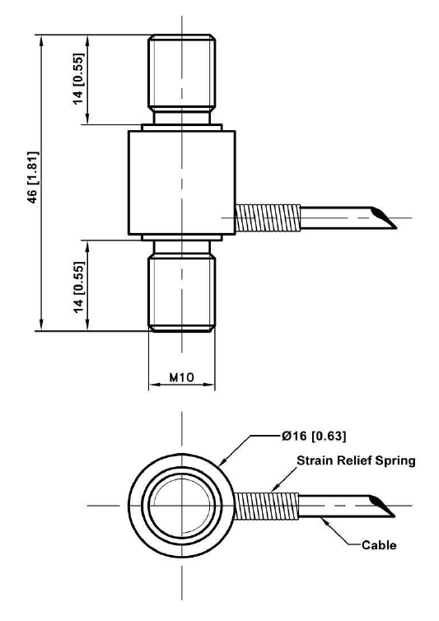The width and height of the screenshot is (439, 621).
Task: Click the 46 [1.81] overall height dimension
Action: pyautogui.click(x=33, y=177)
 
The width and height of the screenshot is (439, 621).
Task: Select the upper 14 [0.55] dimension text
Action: pyautogui.click(x=79, y=79)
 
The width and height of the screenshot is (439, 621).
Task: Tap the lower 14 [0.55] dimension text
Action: pyautogui.click(x=79, y=287)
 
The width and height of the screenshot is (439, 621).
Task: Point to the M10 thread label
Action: pyautogui.click(x=182, y=377)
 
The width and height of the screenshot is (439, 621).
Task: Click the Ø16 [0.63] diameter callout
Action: pyautogui.click(x=314, y=436)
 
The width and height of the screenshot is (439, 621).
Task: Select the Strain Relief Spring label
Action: pyautogui.click(x=356, y=460)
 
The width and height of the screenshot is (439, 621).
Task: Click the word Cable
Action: pyautogui.click(x=379, y=545)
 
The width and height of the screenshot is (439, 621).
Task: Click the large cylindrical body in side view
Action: pyautogui.click(x=182, y=183)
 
